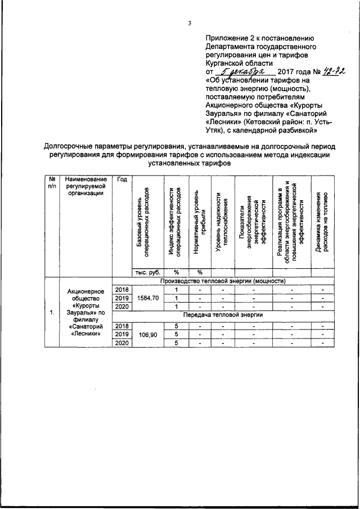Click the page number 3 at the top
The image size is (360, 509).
(190, 23)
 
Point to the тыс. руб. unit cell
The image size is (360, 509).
(147, 272)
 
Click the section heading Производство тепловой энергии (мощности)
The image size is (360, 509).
(223, 281)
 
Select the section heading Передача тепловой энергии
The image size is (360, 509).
(223, 316)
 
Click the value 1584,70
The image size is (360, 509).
(147, 298)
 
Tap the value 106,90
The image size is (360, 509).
(147, 334)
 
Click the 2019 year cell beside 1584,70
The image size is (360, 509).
(121, 298)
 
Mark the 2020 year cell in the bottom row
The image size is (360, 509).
(121, 343)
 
